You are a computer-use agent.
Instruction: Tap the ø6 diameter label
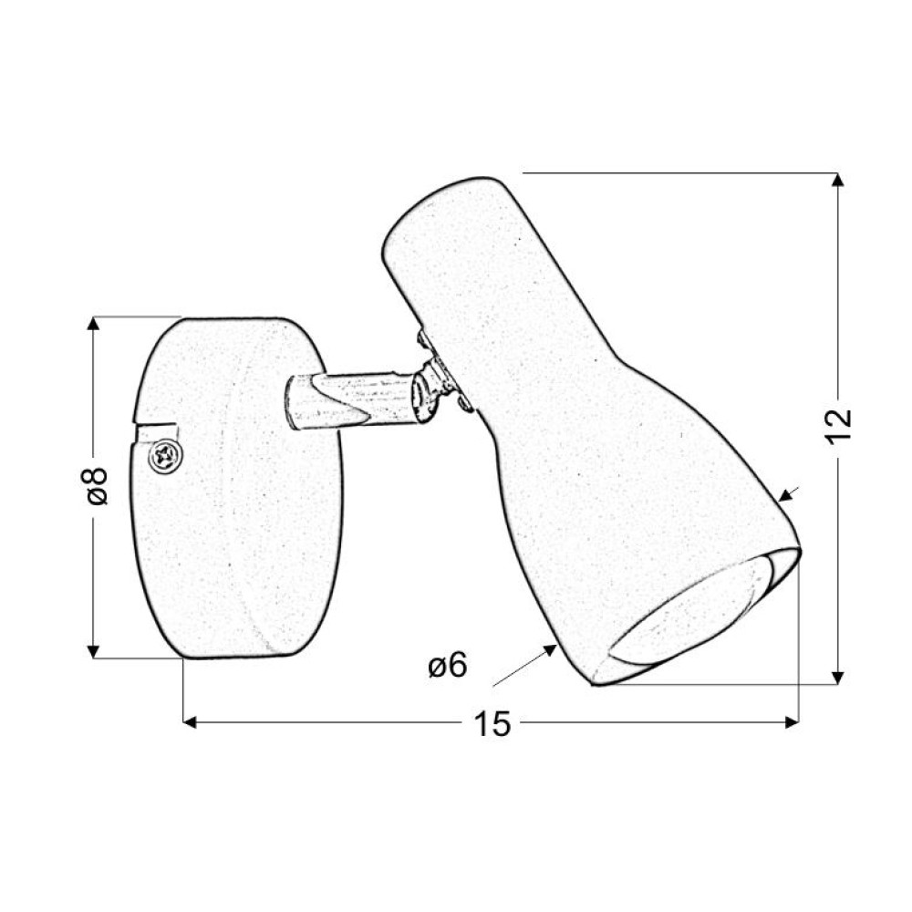click(448, 664)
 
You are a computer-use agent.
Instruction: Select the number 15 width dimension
click(492, 723)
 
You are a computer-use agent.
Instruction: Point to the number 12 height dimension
click(839, 426)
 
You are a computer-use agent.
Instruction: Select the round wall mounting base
click(237, 489)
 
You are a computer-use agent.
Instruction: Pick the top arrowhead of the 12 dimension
click(837, 180)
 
